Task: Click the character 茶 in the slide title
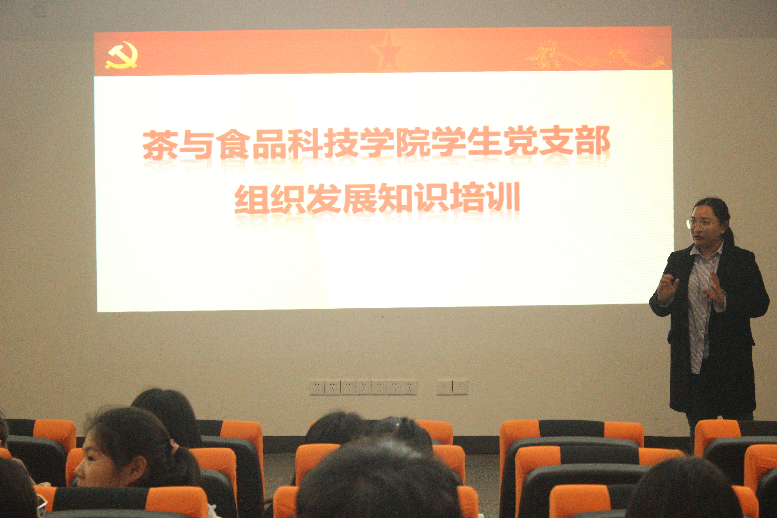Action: [159, 145]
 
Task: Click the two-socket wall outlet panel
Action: [452, 387]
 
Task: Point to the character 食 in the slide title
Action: [235, 144]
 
